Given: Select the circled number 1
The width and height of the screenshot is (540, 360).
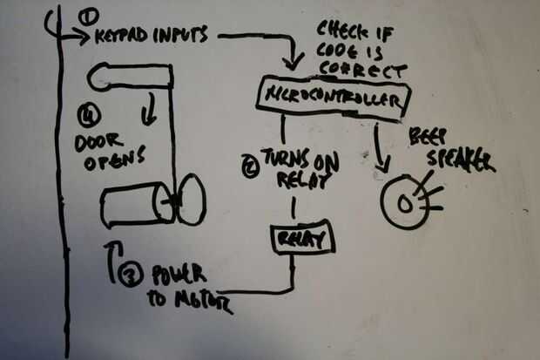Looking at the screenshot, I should (85, 17).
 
